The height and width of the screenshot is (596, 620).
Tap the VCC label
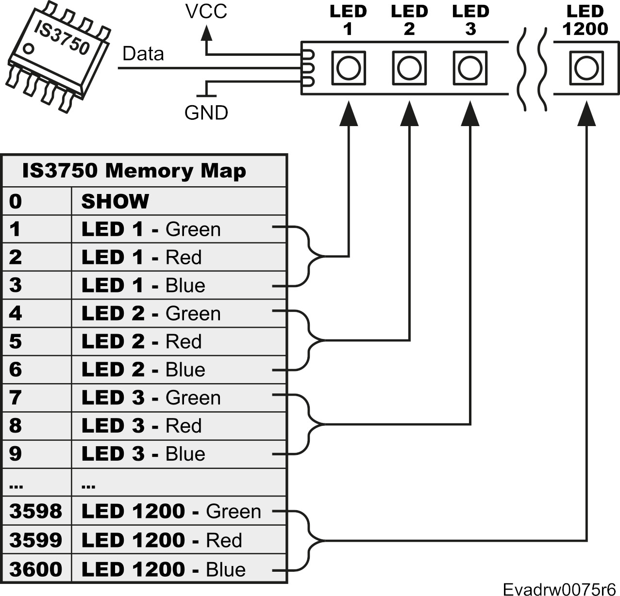[206, 12]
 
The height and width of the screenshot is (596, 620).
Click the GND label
[206, 113]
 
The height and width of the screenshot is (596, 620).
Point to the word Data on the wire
[143, 54]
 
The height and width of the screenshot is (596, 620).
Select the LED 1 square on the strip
[348, 68]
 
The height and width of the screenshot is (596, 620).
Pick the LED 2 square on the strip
[409, 68]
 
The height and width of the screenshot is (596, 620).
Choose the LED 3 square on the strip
[470, 68]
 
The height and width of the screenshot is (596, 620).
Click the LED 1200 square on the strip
[586, 68]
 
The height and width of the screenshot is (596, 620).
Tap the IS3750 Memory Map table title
[134, 171]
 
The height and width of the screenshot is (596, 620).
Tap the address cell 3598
[36, 511]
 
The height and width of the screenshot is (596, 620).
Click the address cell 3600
[36, 569]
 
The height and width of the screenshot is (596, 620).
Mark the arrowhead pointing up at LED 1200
[586, 114]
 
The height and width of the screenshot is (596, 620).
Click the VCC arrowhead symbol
[207, 32]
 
